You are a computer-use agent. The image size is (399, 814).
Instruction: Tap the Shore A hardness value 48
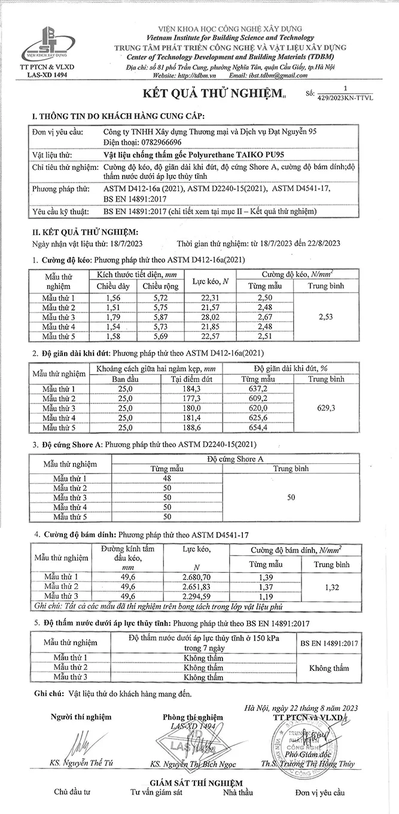click(167, 478)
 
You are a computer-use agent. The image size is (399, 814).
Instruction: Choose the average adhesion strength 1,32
click(331, 588)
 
